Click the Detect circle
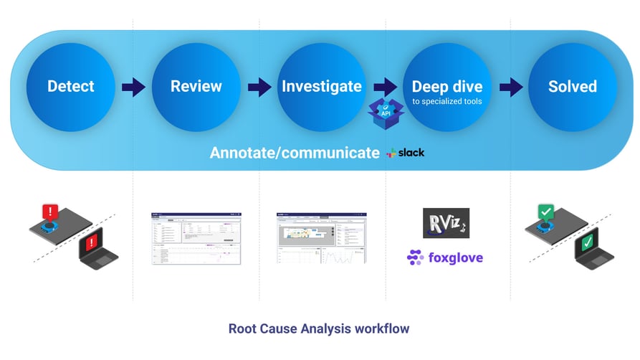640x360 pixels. tap(70, 87)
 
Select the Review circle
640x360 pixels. tap(196, 87)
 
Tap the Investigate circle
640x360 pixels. tap(321, 87)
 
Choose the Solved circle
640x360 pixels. tap(572, 87)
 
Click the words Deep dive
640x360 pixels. tap(446, 87)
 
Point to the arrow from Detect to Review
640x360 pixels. tap(133, 87)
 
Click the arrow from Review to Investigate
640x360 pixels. tap(259, 87)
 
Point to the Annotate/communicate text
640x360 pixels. tap(295, 153)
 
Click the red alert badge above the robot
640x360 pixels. tap(50, 212)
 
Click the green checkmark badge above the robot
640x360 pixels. tap(547, 212)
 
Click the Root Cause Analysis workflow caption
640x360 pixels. tap(319, 329)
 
